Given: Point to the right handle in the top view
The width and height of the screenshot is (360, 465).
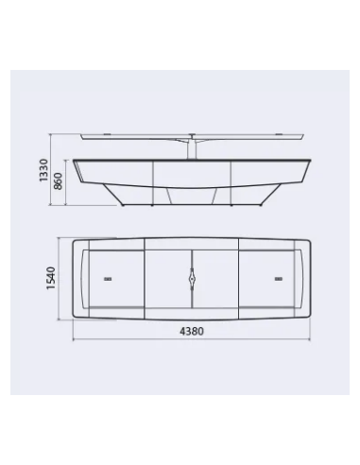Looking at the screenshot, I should click(279, 279).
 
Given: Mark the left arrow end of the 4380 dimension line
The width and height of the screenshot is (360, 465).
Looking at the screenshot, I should click(73, 340).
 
